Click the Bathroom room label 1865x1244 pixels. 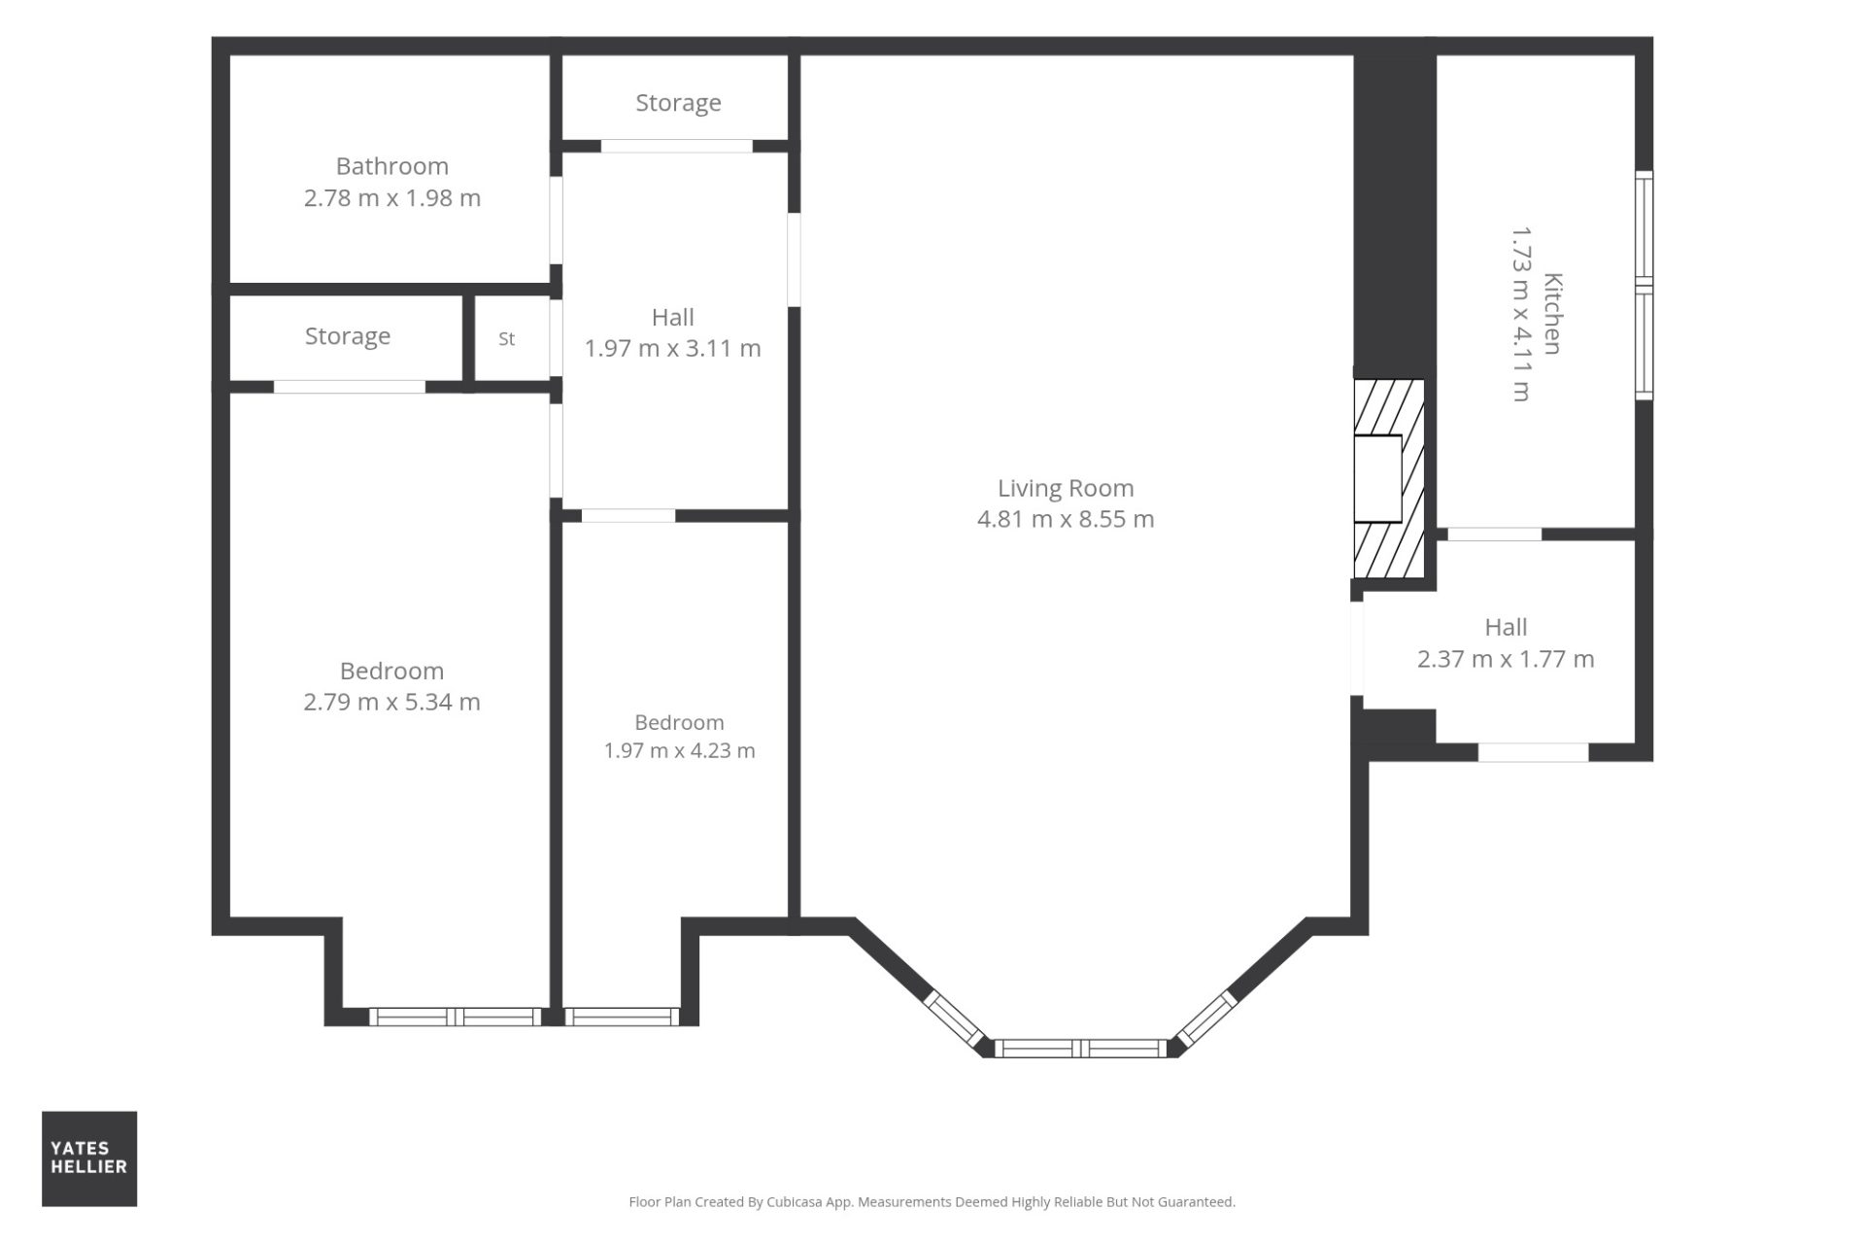tap(392, 166)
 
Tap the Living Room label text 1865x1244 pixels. tap(1066, 488)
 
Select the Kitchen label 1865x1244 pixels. tap(1552, 314)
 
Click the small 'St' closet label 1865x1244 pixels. tap(507, 339)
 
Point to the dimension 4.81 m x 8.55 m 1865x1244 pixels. tap(1066, 519)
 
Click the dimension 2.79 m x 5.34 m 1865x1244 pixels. tap(391, 702)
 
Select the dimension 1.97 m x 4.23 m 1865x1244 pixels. tap(679, 750)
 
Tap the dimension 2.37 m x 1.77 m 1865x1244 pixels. tap(1506, 659)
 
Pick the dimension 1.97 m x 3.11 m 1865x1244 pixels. tap(672, 348)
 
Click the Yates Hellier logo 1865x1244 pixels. tap(89, 1158)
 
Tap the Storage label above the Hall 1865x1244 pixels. tap(678, 103)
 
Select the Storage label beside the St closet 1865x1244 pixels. tap(348, 336)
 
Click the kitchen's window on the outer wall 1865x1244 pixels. tap(1644, 286)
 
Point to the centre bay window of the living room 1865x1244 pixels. tap(1080, 1048)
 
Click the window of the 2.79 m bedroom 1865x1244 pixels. tap(455, 1017)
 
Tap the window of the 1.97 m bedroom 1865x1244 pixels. tap(622, 1017)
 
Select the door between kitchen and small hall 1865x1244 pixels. tap(1494, 534)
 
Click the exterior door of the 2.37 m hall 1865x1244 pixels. tap(1533, 751)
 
